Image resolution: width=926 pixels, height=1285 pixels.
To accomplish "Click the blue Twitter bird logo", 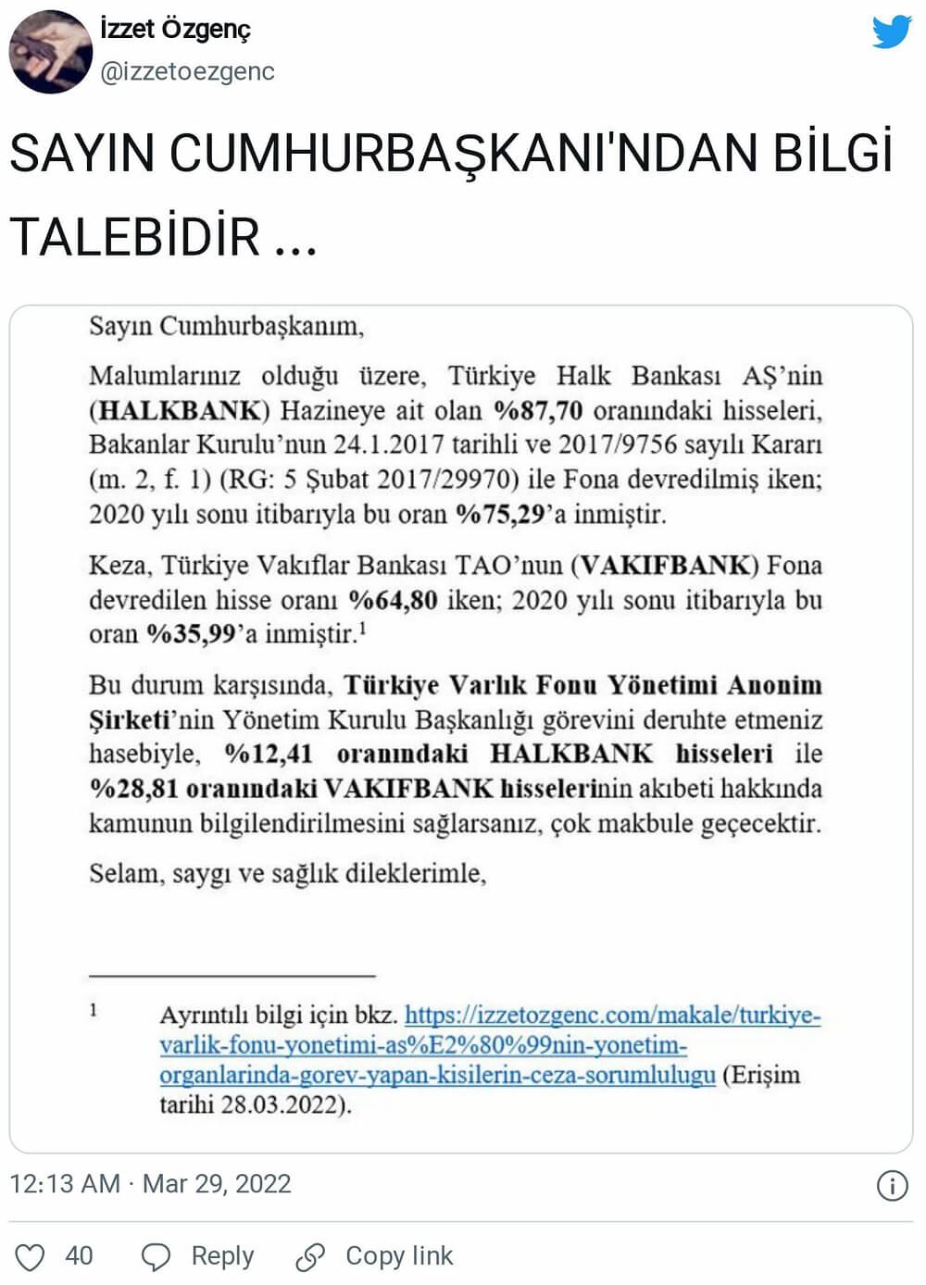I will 891,31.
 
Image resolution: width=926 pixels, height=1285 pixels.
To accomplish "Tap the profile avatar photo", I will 50,52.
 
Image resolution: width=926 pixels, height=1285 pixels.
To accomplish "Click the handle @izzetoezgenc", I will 187,71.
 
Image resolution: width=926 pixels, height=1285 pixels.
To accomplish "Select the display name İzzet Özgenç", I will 175,29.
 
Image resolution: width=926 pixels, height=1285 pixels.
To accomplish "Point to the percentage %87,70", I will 538,410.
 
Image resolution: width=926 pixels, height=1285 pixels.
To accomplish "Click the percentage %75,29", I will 500,514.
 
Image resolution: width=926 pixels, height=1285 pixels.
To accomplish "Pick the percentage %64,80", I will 393,600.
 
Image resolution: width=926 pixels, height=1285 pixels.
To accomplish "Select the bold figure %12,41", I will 269,754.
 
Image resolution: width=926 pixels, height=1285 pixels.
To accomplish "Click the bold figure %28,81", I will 133,789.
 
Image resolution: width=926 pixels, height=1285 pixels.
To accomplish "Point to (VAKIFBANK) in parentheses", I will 665,565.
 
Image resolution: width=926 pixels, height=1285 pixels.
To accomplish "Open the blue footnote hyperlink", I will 490,1044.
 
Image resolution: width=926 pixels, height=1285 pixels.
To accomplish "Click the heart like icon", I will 31,1256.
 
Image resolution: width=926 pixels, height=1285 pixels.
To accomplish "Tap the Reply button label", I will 222,1255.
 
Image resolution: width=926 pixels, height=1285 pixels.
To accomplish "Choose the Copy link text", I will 399,1255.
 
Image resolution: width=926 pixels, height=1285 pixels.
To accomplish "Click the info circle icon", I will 892,1186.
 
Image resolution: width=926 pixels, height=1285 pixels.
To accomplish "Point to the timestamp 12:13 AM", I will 65,1184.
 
